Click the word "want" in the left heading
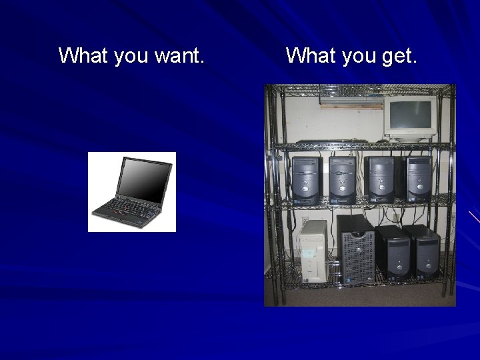(x=179, y=56)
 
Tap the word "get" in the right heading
(x=399, y=57)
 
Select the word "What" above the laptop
(x=83, y=55)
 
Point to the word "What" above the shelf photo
(x=311, y=55)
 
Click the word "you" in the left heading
(x=131, y=57)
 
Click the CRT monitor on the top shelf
(x=409, y=117)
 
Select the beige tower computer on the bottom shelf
(x=312, y=251)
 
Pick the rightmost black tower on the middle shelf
(x=419, y=179)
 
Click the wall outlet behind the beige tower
(x=305, y=220)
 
